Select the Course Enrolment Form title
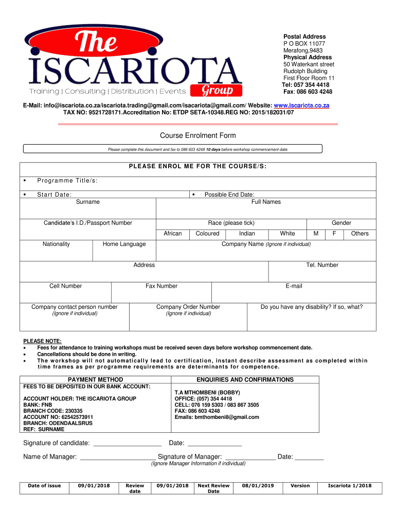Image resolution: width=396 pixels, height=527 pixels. [198, 136]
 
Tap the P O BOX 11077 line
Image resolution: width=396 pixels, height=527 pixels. [304, 44]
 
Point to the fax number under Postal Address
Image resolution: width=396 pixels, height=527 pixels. [308, 92]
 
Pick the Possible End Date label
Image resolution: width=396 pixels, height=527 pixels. [229, 195]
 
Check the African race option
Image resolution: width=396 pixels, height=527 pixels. [172, 234]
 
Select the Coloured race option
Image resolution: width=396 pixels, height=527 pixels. [207, 234]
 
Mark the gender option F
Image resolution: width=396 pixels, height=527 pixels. [334, 234]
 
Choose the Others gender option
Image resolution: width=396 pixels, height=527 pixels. [359, 234]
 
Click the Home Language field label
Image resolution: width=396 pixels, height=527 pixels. [124, 244]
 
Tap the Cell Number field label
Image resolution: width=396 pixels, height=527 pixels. [65, 286]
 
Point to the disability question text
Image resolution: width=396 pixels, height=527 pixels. [311, 307]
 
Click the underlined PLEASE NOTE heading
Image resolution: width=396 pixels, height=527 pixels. [42, 341]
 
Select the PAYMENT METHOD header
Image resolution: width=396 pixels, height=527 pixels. [96, 380]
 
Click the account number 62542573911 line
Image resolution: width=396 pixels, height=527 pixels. [58, 417]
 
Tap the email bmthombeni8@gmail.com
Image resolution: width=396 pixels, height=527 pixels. [217, 417]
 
